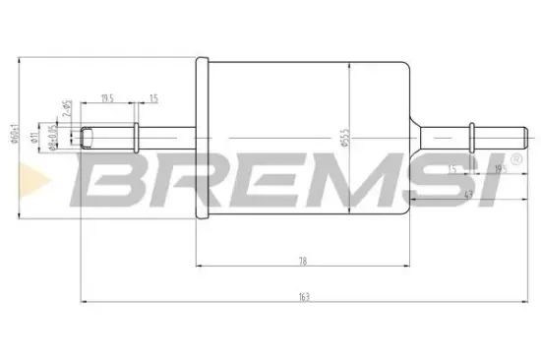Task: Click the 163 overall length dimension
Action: coord(305,297)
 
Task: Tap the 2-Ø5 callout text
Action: coord(65,108)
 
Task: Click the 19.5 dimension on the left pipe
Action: coord(108,97)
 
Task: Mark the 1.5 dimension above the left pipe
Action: coord(153,97)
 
